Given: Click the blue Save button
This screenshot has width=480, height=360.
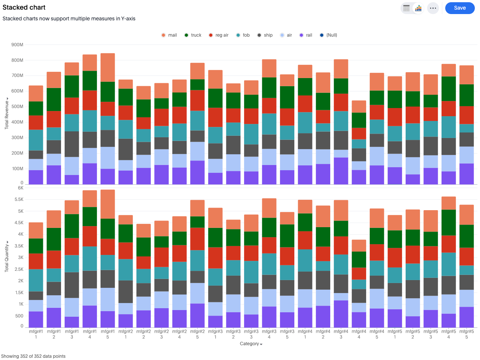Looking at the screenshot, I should (459, 8).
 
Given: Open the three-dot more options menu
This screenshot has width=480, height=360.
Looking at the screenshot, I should (433, 8).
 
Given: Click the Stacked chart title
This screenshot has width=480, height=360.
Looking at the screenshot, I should (24, 7).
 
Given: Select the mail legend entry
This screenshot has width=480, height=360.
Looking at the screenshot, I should (169, 35).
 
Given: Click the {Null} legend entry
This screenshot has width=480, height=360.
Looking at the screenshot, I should (328, 35).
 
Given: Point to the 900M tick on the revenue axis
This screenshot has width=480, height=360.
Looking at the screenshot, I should (17, 45).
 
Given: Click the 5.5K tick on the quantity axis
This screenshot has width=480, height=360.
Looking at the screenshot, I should (19, 199).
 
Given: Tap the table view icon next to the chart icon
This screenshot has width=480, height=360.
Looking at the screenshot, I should (406, 8).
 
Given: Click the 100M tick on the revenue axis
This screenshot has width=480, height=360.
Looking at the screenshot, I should (17, 169).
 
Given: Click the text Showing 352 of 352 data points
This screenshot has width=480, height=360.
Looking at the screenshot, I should (33, 356).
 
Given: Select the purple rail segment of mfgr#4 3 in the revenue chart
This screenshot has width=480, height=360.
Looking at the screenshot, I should (341, 171).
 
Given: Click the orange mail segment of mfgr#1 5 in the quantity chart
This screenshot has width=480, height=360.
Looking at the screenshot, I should (108, 204).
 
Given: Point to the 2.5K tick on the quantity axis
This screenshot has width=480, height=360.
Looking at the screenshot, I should (19, 269).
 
